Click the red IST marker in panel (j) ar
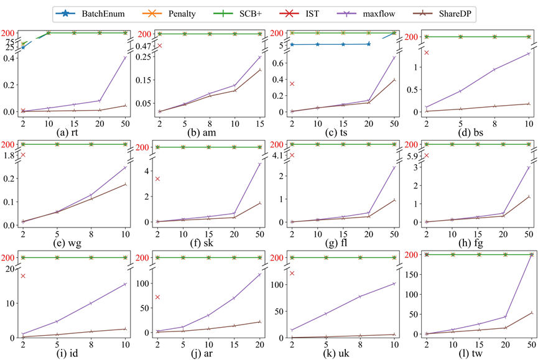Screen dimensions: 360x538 (159, 297)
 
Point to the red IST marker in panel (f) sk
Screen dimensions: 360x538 (159, 179)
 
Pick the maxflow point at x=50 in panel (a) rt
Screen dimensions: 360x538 (125, 58)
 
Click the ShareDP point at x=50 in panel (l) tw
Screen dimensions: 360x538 (531, 313)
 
